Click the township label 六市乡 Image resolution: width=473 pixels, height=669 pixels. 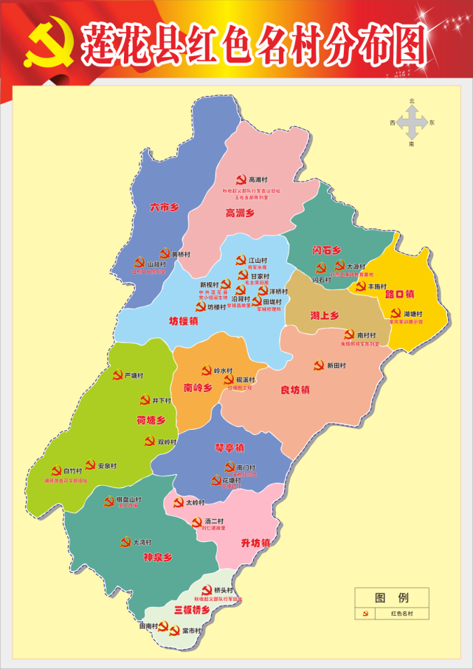point(165,207)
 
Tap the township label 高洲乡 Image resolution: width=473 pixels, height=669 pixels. point(240,213)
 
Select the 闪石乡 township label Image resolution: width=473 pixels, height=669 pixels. point(326,250)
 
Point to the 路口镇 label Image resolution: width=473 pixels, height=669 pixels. point(399,294)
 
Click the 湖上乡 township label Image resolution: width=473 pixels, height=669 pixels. point(324,316)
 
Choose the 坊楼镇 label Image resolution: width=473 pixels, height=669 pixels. point(184,320)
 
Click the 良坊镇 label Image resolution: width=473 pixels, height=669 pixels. point(295,390)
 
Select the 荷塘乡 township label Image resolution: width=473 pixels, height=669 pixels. point(151,420)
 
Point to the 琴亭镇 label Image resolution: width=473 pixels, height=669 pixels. point(229,447)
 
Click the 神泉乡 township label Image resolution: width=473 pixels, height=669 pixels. point(158,557)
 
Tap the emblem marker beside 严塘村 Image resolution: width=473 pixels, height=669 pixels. point(117,375)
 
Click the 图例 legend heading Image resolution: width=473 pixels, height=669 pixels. point(391,597)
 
